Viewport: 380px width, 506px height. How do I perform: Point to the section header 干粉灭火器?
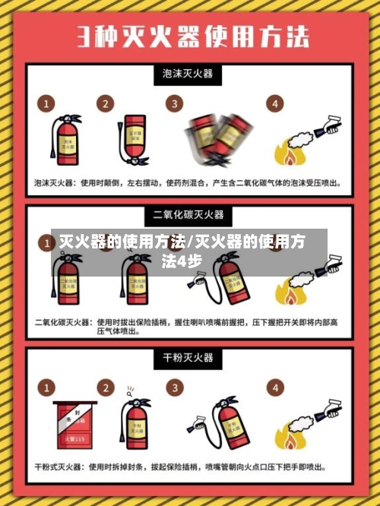(188, 357)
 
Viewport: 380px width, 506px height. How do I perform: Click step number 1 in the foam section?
(47, 103)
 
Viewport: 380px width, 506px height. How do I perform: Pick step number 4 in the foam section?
(273, 103)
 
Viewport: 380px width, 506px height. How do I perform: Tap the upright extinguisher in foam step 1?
(66, 141)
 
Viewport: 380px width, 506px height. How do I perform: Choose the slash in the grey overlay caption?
(191, 243)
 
